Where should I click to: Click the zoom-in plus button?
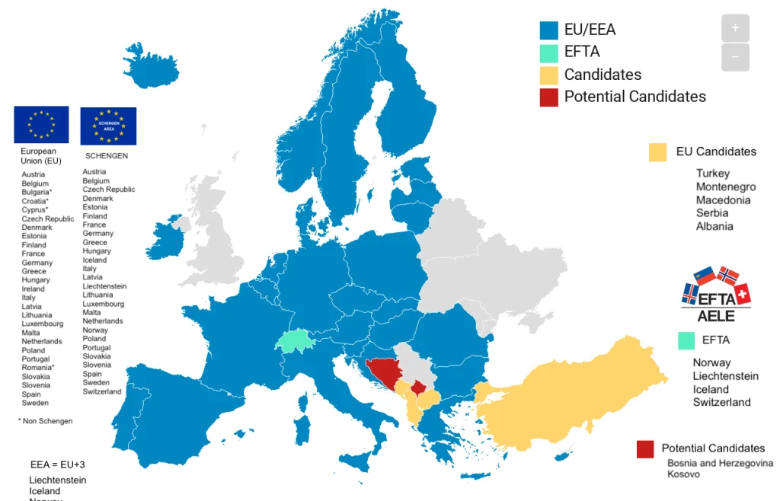pyautogui.click(x=735, y=28)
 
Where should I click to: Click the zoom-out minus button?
pyautogui.click(x=735, y=57)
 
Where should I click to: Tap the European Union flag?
pyautogui.click(x=41, y=124)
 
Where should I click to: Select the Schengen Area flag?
pyautogui.click(x=108, y=126)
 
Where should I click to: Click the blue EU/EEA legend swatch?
pyautogui.click(x=549, y=30)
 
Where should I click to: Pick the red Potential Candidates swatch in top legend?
pyautogui.click(x=549, y=97)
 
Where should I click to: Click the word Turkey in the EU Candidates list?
pyautogui.click(x=712, y=174)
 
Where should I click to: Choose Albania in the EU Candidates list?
pyautogui.click(x=714, y=226)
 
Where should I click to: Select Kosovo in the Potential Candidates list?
pyautogui.click(x=683, y=474)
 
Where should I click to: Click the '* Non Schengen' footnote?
pyautogui.click(x=45, y=421)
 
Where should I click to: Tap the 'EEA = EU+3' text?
pyautogui.click(x=53, y=464)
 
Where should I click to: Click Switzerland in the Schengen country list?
pyautogui.click(x=102, y=391)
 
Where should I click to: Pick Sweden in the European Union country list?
pyautogui.click(x=35, y=403)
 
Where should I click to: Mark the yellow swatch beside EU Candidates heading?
pyautogui.click(x=658, y=152)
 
